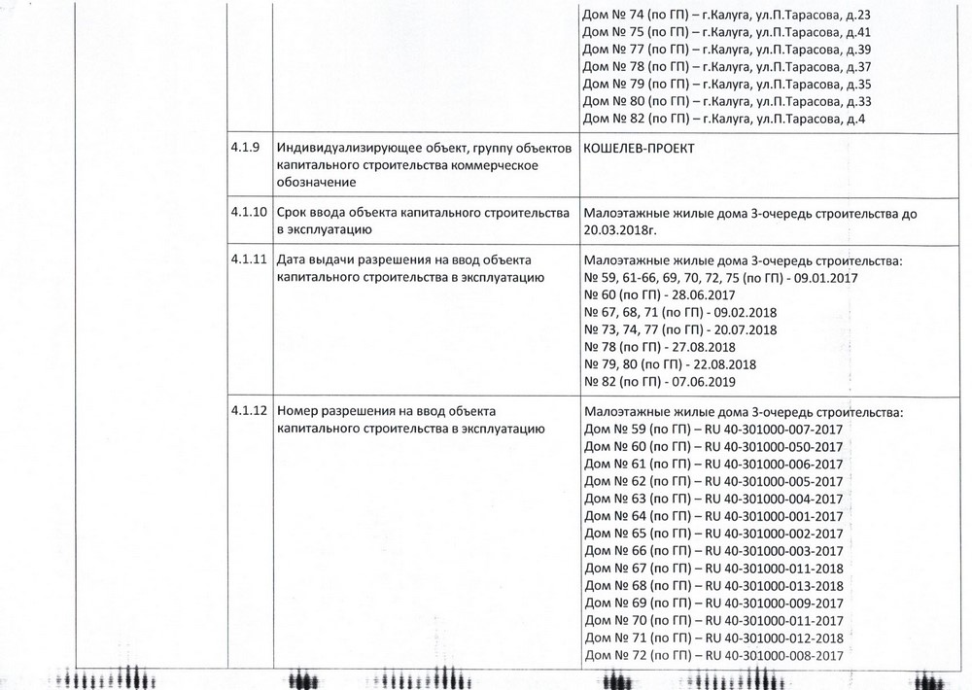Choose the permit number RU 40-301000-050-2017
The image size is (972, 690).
coord(773,446)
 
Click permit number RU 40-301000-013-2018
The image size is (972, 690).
coord(773,586)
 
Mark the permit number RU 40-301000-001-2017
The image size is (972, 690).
coord(773,516)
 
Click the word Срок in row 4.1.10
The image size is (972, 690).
coord(294,212)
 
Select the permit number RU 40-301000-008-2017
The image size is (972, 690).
coord(773,657)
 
